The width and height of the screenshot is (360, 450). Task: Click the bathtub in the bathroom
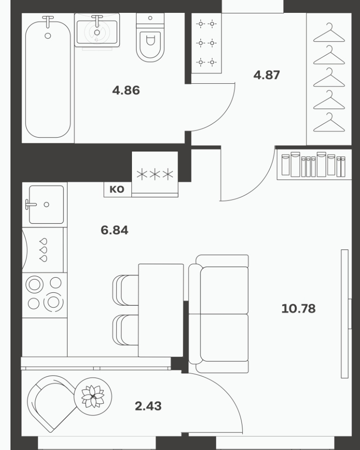[x=48, y=79]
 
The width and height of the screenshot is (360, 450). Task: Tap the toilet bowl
[x=150, y=37]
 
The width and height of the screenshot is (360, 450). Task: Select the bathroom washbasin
[x=97, y=30]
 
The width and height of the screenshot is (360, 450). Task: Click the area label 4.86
[x=126, y=90]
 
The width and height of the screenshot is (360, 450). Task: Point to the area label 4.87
[x=266, y=75]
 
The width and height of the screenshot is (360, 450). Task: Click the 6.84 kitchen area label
[x=114, y=230]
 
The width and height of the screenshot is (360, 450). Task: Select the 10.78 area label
[x=298, y=309]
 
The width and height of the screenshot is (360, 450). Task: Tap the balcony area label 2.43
[x=148, y=406]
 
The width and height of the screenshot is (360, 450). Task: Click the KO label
[x=117, y=190]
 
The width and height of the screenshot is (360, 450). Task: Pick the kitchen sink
[x=46, y=204]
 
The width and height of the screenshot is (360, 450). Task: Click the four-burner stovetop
[x=44, y=295]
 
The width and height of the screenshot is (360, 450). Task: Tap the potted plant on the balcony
[x=93, y=396]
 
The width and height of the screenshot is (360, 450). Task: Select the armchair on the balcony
[x=52, y=403]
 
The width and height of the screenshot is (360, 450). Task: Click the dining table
[x=161, y=310]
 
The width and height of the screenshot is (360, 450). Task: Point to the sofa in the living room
[x=219, y=314]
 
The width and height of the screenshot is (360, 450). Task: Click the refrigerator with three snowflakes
[x=155, y=174]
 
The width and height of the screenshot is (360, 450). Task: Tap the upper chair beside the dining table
[x=125, y=290]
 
